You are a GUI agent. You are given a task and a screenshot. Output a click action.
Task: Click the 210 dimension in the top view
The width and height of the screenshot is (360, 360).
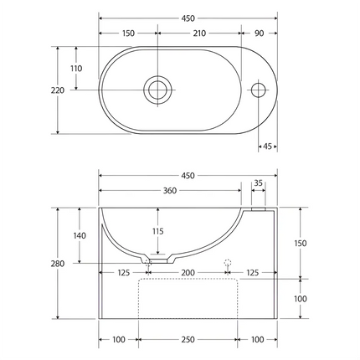click(199, 33)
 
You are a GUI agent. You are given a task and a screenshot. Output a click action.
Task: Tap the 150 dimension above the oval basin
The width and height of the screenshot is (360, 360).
click(127, 33)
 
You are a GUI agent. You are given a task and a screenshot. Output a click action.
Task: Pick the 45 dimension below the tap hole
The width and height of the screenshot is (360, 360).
click(268, 147)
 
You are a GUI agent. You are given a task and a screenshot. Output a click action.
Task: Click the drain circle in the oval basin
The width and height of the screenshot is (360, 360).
click(157, 90)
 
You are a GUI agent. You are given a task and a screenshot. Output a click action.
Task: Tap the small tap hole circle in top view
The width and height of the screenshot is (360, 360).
click(259, 90)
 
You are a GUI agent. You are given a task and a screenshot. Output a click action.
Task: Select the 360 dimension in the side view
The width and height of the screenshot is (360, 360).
click(170, 191)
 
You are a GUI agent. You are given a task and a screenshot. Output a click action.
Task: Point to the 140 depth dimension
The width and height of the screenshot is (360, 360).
click(80, 235)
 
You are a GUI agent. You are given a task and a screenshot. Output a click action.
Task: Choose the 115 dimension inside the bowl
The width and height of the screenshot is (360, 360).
click(157, 231)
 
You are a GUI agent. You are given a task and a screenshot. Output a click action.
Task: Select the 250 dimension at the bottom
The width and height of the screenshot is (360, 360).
click(188, 339)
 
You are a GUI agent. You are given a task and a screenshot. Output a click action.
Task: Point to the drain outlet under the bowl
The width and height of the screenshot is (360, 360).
click(149, 261)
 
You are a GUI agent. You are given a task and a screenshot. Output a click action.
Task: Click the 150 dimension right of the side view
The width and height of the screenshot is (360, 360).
click(301, 243)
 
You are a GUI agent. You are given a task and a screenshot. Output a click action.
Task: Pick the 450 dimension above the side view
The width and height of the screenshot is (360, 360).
click(188, 176)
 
